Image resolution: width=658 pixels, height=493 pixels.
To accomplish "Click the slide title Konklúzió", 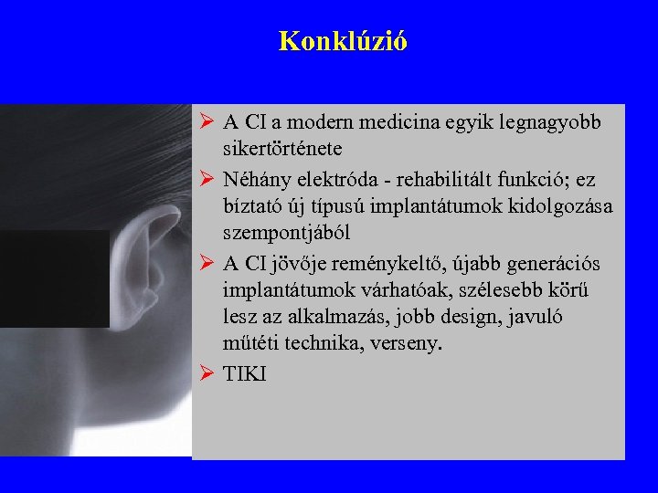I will tap(343, 41).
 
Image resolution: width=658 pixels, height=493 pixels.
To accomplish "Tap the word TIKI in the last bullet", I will tap(244, 374).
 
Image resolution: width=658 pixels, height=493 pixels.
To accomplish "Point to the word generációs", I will tap(557, 264).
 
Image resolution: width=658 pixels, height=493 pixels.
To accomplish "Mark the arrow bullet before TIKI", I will tap(206, 374).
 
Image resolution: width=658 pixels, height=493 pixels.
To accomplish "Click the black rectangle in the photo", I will tap(55, 278).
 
